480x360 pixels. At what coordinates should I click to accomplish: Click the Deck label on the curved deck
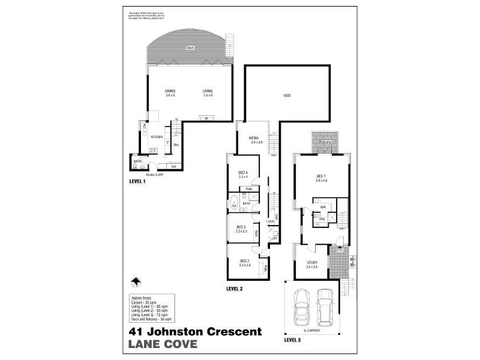190,47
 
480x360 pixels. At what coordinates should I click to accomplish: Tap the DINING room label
170,91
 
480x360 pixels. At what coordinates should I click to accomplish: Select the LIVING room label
208,91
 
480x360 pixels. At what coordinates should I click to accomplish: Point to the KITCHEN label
157,137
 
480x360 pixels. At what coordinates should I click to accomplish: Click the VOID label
287,95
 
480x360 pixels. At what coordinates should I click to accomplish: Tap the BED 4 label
243,173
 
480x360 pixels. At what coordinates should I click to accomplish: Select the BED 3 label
241,227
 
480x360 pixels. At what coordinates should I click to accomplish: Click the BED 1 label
322,176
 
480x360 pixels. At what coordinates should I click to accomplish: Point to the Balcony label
325,142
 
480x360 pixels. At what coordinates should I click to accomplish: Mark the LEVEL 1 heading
138,181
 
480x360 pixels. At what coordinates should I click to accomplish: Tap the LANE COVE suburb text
162,344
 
